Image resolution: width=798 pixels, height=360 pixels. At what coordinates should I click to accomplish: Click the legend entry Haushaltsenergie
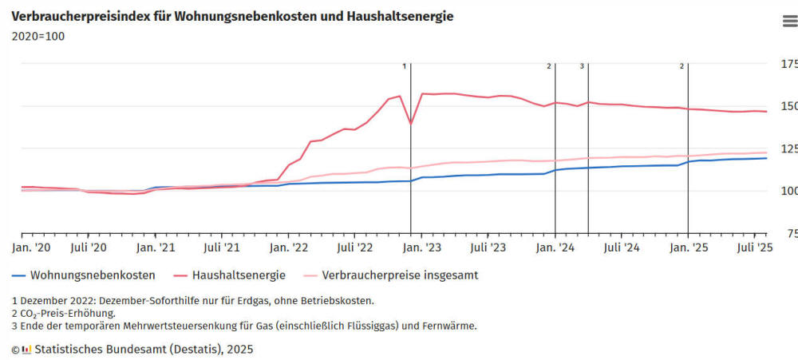pos(238,275)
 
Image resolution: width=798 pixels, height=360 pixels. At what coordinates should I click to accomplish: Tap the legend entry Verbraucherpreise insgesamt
pos(399,275)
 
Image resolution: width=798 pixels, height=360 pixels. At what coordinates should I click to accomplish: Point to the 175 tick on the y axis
pos(788,64)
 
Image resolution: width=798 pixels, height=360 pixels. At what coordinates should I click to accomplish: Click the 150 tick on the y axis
pos(788,106)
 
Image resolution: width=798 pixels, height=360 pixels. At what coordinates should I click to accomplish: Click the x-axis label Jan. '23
pos(422,248)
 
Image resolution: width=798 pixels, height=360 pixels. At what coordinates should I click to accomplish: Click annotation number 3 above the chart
pos(582,66)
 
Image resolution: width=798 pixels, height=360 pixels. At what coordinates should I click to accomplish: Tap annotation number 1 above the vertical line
pos(405,66)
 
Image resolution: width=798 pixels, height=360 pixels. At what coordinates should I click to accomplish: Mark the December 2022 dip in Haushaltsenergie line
pos(411,124)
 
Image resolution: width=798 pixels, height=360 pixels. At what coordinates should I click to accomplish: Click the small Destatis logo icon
pos(26,349)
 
